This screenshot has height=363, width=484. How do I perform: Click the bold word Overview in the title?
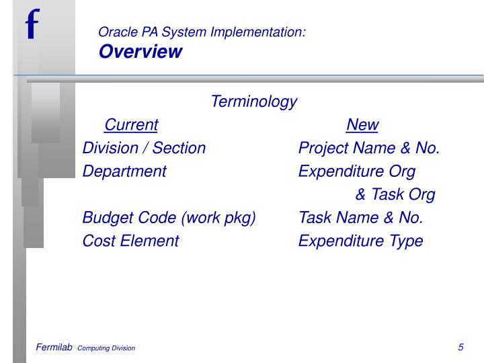tap(140, 52)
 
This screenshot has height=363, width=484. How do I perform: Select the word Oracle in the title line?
tap(115, 32)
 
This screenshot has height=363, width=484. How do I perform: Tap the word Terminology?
tap(253, 102)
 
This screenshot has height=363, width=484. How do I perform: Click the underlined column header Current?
tap(131, 125)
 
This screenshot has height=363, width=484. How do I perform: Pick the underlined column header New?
tap(362, 125)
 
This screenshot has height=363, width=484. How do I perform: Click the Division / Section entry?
tap(144, 148)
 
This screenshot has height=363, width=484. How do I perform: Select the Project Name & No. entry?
tap(369, 148)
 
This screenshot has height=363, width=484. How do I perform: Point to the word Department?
tap(124, 171)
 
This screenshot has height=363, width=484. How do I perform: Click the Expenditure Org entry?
tap(357, 171)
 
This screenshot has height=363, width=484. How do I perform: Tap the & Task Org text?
tap(395, 194)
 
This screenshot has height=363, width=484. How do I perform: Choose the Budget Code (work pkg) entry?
tap(169, 218)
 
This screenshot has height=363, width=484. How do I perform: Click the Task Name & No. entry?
tap(360, 218)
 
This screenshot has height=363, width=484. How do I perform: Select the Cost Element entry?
tap(130, 241)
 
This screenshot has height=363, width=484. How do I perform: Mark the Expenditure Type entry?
tap(360, 241)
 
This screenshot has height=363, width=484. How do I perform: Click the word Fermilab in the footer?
tap(54, 348)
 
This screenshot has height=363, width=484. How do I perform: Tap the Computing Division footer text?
tap(106, 348)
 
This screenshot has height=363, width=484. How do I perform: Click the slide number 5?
tap(460, 348)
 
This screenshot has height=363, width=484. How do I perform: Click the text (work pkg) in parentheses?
tap(218, 218)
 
